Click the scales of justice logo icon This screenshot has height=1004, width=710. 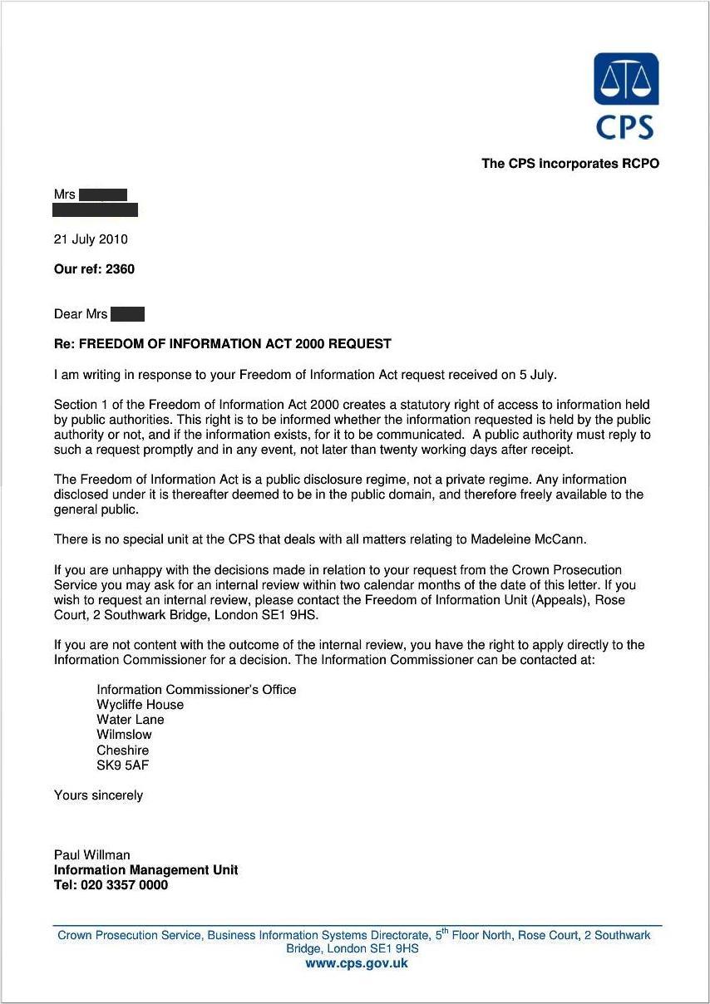626,79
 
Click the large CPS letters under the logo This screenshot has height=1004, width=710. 625,126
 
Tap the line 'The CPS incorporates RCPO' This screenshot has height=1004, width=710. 570,164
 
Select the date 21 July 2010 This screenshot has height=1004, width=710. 91,239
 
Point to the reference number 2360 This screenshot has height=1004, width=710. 120,269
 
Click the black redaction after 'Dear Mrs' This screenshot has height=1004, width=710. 127,314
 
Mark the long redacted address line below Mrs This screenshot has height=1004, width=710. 95,210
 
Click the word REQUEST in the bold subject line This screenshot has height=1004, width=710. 359,344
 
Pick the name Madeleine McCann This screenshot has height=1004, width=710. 528,539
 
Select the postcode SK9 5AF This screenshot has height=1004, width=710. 123,765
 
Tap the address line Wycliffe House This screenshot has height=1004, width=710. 140,705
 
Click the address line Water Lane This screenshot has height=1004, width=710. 131,720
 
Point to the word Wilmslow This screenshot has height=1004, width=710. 124,735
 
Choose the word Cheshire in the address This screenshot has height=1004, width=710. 122,751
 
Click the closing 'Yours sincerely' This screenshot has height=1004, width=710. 98,795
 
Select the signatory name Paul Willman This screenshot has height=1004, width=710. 91,855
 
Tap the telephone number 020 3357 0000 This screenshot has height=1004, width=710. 124,885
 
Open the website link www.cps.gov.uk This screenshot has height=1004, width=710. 356,964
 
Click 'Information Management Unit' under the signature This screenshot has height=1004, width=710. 145,870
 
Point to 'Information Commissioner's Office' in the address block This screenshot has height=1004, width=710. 196,690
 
